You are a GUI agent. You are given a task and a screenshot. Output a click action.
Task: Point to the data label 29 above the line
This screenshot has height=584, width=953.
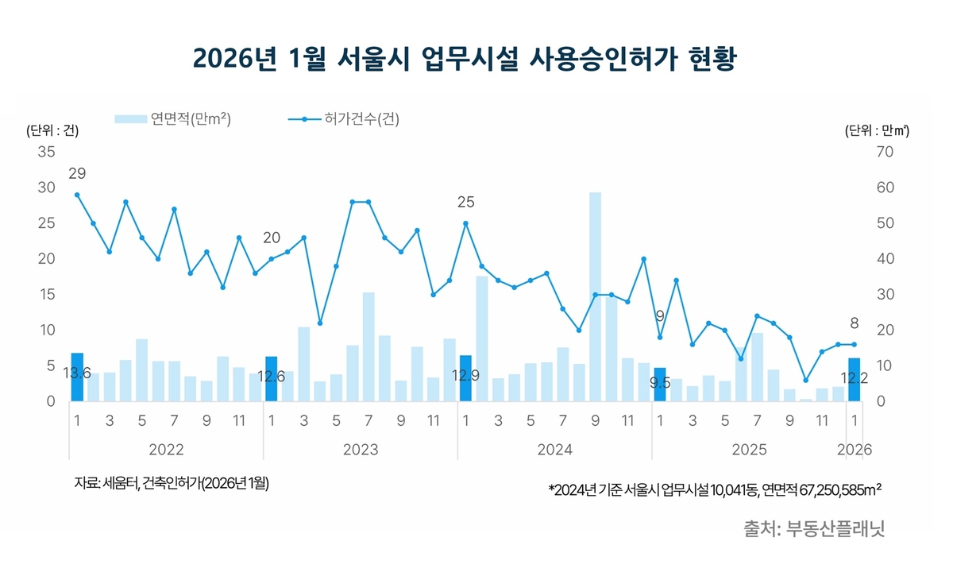(x=77, y=173)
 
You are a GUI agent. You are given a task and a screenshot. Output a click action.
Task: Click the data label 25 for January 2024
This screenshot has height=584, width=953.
(x=465, y=203)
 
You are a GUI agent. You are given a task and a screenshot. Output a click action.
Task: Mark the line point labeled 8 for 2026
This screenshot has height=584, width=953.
(x=855, y=344)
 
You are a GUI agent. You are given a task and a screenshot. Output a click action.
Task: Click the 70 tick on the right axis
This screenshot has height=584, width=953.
(x=884, y=152)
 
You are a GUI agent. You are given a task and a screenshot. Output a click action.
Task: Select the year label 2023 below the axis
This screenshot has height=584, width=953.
(x=360, y=450)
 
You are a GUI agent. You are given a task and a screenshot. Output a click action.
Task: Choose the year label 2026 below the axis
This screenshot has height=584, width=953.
(x=855, y=450)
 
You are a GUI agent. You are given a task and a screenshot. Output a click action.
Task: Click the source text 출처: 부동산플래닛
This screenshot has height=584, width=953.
(x=814, y=528)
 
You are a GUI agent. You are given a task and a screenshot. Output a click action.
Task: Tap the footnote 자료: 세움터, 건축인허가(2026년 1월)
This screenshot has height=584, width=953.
(x=172, y=483)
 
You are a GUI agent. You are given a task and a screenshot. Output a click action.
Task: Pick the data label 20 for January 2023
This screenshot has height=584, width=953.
(x=272, y=238)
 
